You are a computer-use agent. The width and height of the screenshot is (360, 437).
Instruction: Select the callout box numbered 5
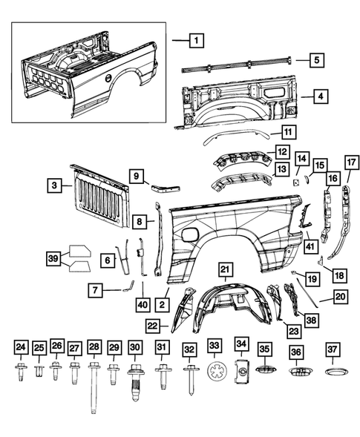coord(316,60)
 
